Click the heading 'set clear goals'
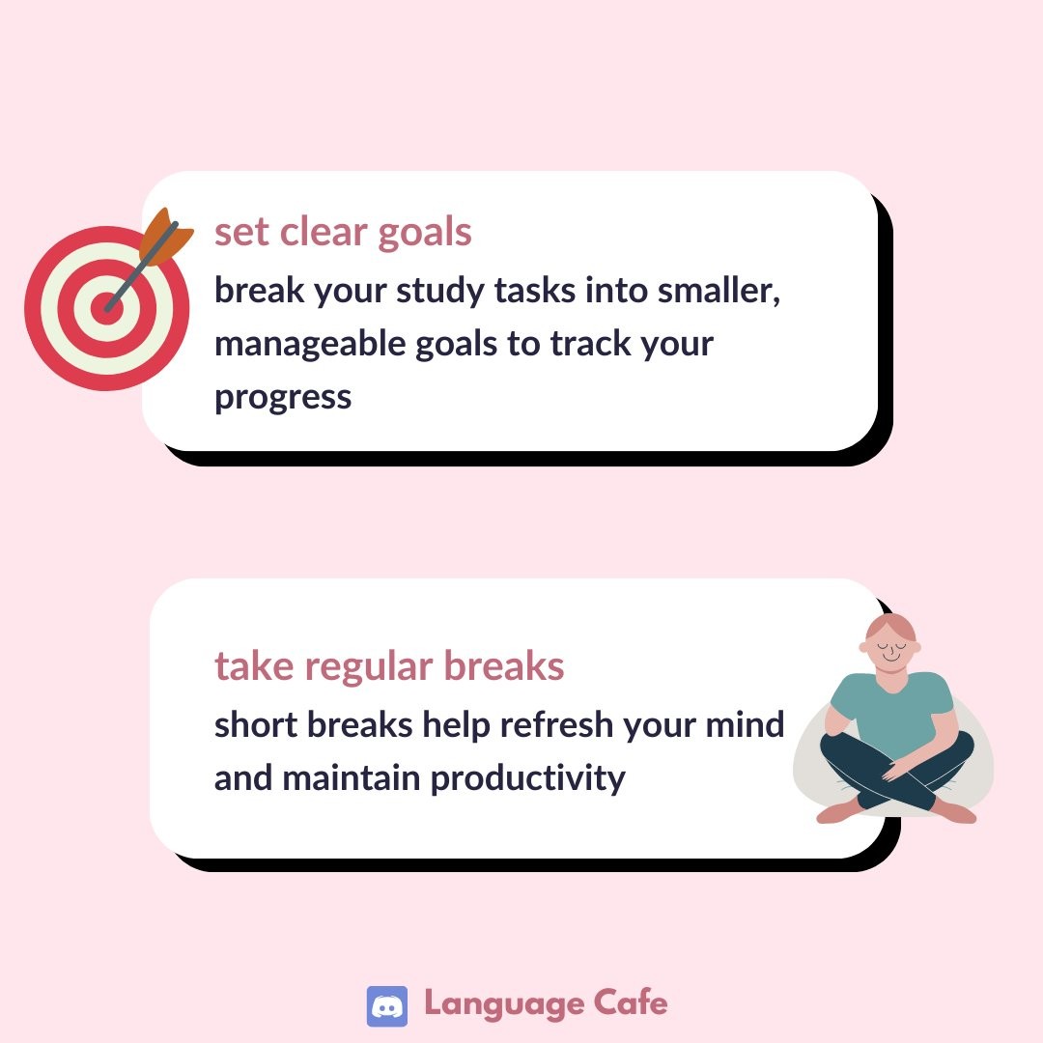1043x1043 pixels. click(x=343, y=233)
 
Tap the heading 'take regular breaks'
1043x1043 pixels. click(x=389, y=666)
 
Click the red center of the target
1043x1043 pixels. click(x=106, y=308)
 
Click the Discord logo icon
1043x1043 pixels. click(x=387, y=1006)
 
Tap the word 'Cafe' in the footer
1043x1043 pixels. click(x=631, y=1002)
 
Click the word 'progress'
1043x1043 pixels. click(x=283, y=399)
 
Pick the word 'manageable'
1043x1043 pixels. click(x=310, y=345)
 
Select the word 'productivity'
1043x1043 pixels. click(x=528, y=778)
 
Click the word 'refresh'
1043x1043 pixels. click(x=557, y=723)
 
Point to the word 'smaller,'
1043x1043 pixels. click(x=719, y=291)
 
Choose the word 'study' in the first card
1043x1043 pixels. click(x=440, y=292)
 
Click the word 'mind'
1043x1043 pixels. click(x=745, y=723)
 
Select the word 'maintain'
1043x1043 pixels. click(x=352, y=777)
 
